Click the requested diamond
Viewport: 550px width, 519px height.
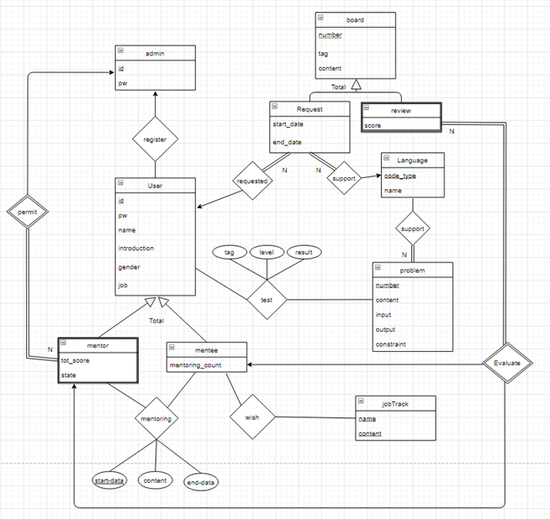point(253,180)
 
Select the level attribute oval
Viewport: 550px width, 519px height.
point(267,252)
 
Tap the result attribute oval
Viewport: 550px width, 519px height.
point(304,252)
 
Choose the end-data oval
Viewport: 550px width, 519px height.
point(204,482)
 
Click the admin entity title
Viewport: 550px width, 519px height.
point(155,53)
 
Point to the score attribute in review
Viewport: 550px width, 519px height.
point(374,125)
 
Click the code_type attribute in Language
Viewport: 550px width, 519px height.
point(400,176)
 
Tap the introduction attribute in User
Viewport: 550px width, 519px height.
point(136,248)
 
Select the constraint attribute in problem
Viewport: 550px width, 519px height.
point(391,345)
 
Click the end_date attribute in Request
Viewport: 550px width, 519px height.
point(289,142)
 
